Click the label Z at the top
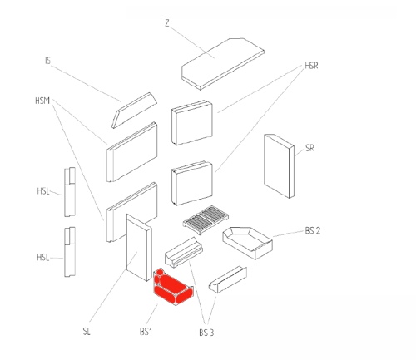click(x=167, y=23)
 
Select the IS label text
click(x=48, y=61)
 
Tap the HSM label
click(x=42, y=101)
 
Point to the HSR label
click(x=311, y=66)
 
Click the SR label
click(x=310, y=148)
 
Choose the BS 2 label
click(x=313, y=230)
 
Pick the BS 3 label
click(x=206, y=333)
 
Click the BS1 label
click(x=146, y=332)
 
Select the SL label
click(x=87, y=331)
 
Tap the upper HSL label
click(x=43, y=191)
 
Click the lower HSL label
click(x=43, y=258)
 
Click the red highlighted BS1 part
click(x=172, y=287)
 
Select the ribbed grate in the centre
click(x=206, y=219)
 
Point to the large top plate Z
click(x=223, y=64)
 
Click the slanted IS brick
click(x=134, y=111)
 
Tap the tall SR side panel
click(x=279, y=166)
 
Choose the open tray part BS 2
click(x=247, y=243)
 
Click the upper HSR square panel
click(x=192, y=122)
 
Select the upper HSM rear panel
click(x=131, y=152)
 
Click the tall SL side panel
click(x=139, y=247)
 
